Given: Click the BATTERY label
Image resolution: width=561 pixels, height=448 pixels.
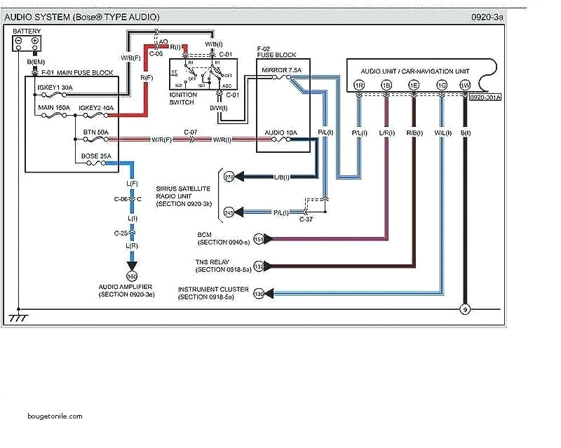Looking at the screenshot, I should pos(27,31).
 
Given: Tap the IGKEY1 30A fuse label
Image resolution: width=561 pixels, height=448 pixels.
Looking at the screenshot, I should pos(57,88).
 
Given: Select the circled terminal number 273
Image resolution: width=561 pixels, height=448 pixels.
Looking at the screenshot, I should pos(229,177).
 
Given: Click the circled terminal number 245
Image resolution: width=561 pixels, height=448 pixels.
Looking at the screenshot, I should pos(229,212).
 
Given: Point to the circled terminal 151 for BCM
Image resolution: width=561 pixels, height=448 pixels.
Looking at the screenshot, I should pos(259,239).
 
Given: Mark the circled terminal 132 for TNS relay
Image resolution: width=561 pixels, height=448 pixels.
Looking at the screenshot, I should pos(259,266).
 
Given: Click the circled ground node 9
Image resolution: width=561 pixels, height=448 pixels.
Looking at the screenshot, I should pos(464,308).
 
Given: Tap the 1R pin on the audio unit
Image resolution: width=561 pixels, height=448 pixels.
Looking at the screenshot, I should pos(359,85).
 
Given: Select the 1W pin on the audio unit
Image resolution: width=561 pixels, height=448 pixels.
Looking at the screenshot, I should pos(464,85).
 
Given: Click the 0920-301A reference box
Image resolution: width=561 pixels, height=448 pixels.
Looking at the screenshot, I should pos(485,97).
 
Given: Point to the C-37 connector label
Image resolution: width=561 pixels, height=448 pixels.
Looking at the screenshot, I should pos(306,218).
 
